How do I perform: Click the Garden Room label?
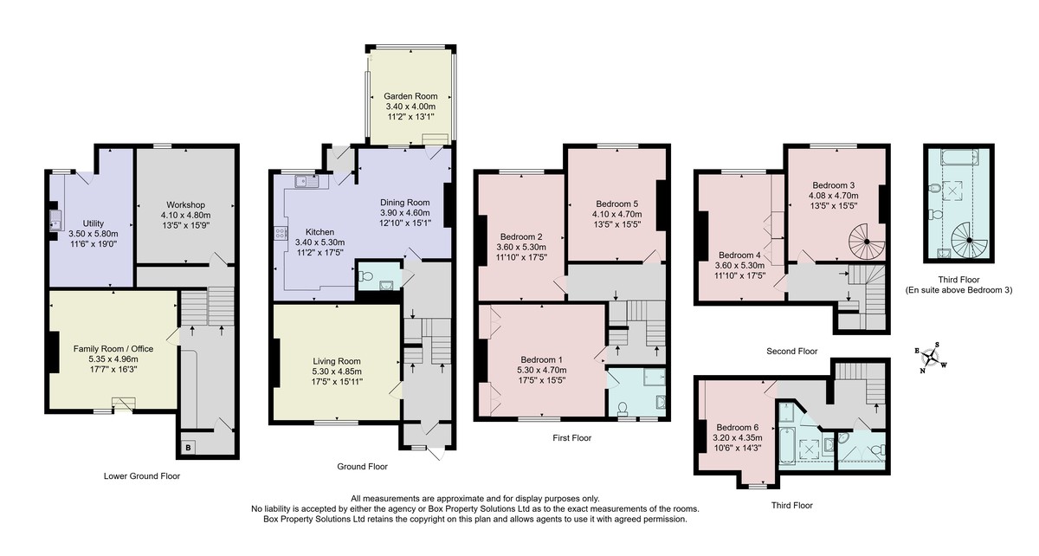tap(410, 96)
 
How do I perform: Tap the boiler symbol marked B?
tap(189, 448)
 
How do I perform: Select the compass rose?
tap(931, 358)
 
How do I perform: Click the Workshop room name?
tap(185, 204)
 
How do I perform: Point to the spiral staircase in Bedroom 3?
tap(867, 242)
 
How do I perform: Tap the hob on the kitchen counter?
tap(281, 232)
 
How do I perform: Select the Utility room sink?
tap(56, 221)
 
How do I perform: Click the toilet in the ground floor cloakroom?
tap(365, 276)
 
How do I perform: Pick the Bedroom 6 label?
tap(737, 428)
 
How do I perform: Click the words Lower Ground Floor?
tap(142, 475)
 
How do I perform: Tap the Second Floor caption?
tap(791, 352)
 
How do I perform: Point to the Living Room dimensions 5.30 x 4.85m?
tap(337, 372)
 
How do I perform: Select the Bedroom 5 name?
tap(616, 204)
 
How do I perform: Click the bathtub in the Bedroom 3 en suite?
tap(959, 157)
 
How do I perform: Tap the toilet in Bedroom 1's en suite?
tap(623, 408)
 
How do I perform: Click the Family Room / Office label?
tap(113, 348)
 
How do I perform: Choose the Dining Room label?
tap(405, 203)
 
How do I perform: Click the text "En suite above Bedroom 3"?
tap(958, 290)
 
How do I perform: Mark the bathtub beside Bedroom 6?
tap(787, 447)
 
